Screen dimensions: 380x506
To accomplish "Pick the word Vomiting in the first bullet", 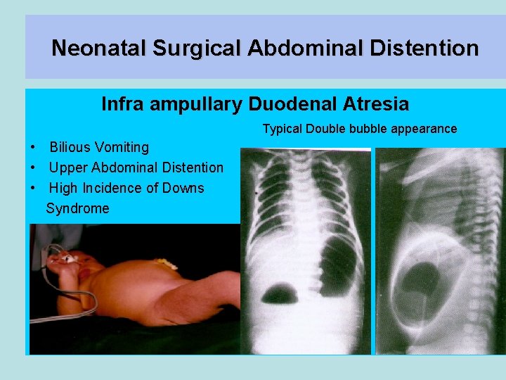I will tap(122, 147).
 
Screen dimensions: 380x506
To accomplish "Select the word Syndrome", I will tap(77, 208).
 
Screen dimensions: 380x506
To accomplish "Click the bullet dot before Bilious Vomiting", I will tap(34, 148).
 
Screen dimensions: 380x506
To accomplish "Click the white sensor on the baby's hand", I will tap(69, 258).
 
